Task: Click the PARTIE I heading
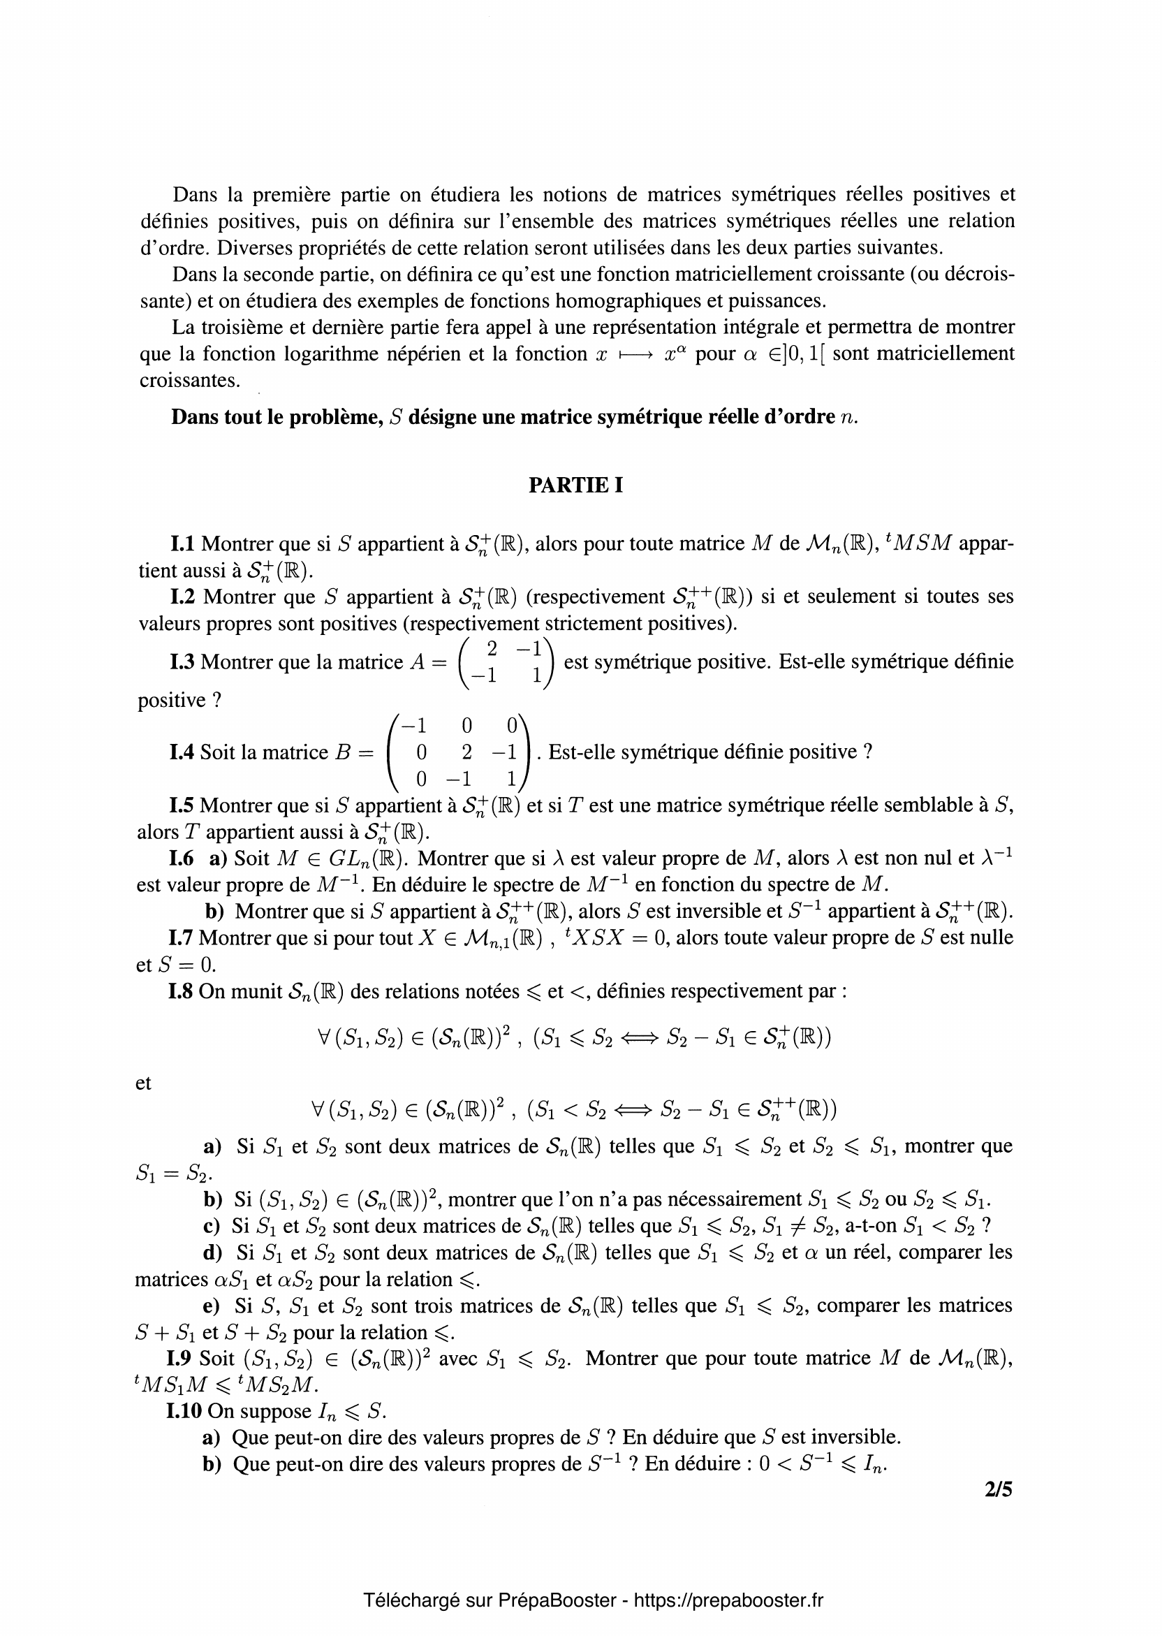(x=575, y=485)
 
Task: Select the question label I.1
(x=182, y=544)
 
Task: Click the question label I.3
(x=182, y=662)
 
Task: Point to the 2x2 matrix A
(x=505, y=662)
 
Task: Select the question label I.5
(x=182, y=806)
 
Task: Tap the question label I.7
(x=181, y=937)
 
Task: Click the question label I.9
(x=180, y=1358)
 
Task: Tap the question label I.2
(x=183, y=596)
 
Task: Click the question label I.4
(x=182, y=752)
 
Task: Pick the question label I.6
(x=181, y=858)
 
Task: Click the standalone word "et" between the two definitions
(x=143, y=1083)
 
